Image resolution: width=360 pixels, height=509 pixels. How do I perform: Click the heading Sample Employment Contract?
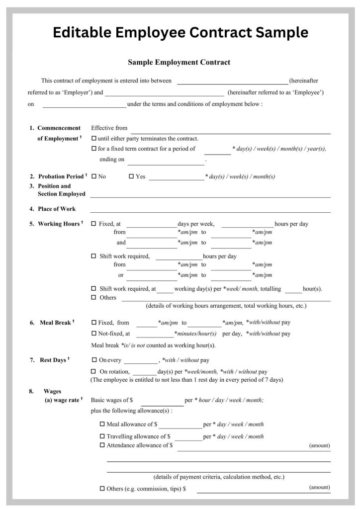pyautogui.click(x=179, y=62)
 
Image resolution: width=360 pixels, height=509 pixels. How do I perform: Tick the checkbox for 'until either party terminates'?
pyautogui.click(x=94, y=139)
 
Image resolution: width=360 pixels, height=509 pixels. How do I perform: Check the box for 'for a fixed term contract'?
pyautogui.click(x=94, y=149)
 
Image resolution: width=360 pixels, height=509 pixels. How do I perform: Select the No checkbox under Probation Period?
pyautogui.click(x=94, y=176)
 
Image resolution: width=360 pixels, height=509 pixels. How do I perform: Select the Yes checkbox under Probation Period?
pyautogui.click(x=131, y=176)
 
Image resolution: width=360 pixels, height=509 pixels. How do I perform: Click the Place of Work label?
pyautogui.click(x=57, y=209)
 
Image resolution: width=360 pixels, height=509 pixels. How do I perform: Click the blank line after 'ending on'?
pyautogui.click(x=166, y=162)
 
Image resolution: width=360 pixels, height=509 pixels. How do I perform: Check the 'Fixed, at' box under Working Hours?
pyautogui.click(x=94, y=224)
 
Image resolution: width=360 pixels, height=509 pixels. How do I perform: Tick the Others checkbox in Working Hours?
pyautogui.click(x=94, y=298)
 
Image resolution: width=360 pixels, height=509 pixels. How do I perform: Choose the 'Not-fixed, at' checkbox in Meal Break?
pyautogui.click(x=94, y=334)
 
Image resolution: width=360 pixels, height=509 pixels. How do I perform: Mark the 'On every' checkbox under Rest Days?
pyautogui.click(x=94, y=360)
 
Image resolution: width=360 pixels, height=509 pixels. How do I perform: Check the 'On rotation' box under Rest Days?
pyautogui.click(x=94, y=371)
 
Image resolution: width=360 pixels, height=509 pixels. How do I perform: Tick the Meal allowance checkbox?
pyautogui.click(x=102, y=424)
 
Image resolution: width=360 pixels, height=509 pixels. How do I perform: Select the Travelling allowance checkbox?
pyautogui.click(x=102, y=436)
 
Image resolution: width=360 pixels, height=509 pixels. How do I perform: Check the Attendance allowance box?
pyautogui.click(x=102, y=445)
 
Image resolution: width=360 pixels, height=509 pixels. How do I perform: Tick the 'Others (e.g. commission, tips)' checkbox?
pyautogui.click(x=102, y=489)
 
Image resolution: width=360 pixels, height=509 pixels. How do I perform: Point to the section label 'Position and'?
pyautogui.click(x=55, y=186)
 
